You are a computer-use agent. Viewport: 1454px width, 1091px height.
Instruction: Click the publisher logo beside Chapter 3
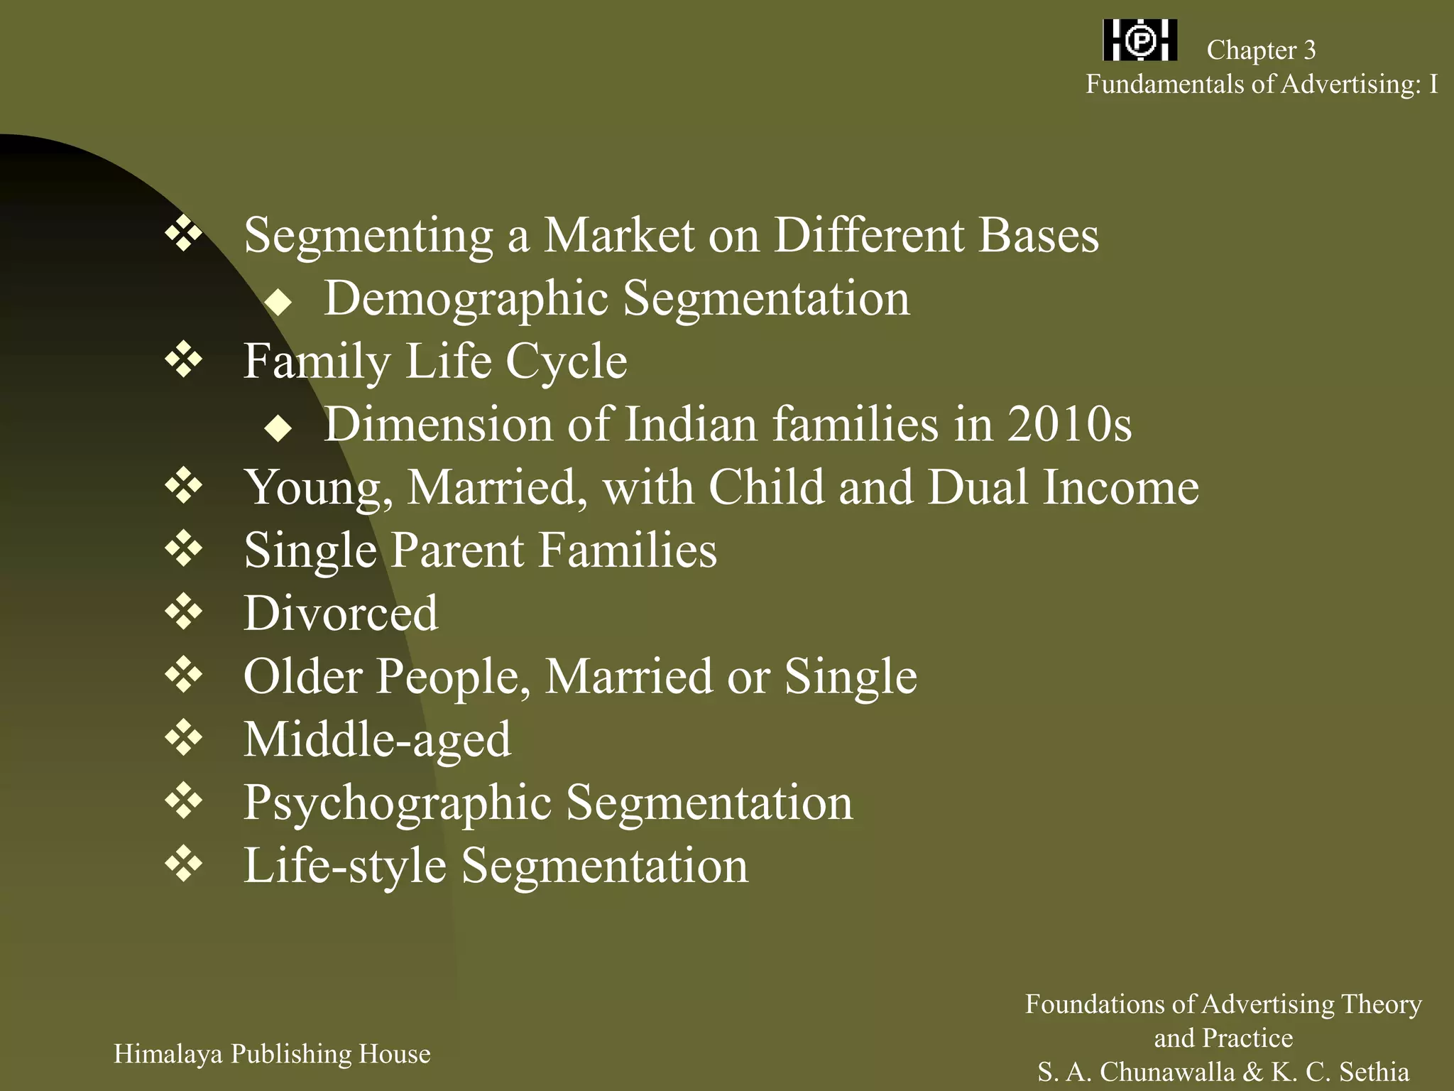1140,40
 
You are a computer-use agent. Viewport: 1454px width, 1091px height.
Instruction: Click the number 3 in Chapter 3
1309,50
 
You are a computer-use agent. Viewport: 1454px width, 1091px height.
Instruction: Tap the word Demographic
466,299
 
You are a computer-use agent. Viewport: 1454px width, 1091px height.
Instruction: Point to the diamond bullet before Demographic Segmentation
278,303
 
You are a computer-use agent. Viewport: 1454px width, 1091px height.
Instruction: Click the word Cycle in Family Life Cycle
566,362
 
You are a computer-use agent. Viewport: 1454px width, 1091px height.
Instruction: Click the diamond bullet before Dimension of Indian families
278,428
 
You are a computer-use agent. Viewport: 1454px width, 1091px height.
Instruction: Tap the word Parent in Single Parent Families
457,550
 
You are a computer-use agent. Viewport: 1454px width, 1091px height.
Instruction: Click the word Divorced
341,613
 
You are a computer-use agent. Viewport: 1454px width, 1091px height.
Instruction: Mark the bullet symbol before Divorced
184,612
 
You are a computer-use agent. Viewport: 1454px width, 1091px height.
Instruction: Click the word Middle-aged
377,739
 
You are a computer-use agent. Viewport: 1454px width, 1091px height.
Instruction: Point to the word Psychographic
398,803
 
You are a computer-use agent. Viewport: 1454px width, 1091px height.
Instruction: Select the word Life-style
345,866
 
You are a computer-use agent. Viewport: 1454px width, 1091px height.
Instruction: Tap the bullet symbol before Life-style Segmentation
184,864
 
